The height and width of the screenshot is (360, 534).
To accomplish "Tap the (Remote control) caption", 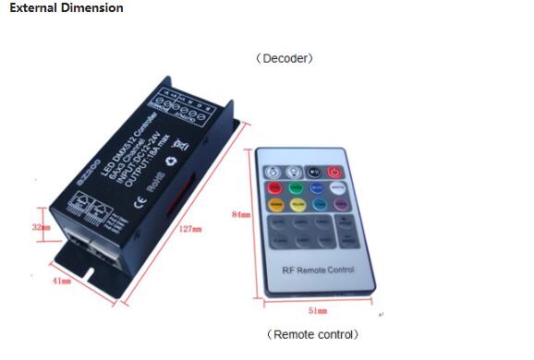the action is (312, 334).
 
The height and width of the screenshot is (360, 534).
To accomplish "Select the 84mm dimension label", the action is (239, 214).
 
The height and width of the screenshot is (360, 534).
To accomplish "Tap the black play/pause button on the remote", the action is (314, 171).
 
